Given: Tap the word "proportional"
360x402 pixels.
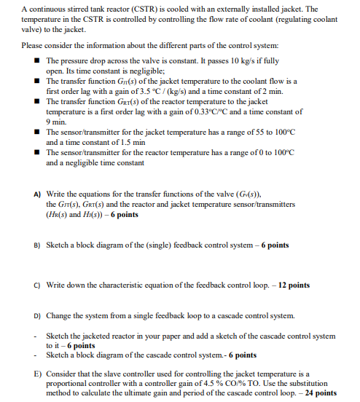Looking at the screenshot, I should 67,383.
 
